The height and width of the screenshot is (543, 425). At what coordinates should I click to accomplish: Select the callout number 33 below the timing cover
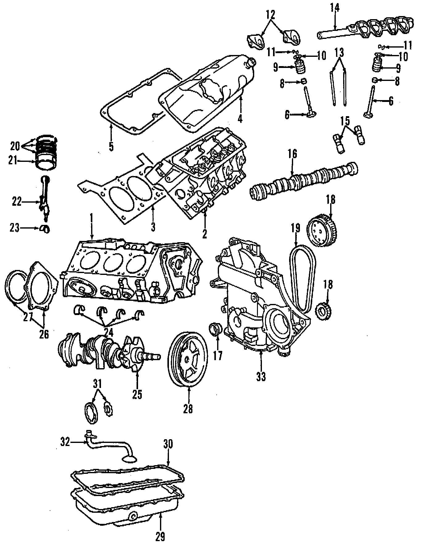point(261,377)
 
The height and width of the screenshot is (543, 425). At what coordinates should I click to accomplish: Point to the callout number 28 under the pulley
point(188,409)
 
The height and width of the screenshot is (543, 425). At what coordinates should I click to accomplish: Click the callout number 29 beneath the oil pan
point(160,537)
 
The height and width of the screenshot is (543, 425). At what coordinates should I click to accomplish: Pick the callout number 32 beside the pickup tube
point(65,443)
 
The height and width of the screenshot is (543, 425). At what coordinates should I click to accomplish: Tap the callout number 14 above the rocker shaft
point(335,8)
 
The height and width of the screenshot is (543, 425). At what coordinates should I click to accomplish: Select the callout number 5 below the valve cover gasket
point(111,146)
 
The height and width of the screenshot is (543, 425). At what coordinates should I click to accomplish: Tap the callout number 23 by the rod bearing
point(15,228)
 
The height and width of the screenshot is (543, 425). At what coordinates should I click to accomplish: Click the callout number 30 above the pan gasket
point(168,444)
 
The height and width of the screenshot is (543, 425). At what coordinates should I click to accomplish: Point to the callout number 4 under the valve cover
point(240,118)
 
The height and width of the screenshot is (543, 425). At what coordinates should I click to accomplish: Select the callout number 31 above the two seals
point(97,383)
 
